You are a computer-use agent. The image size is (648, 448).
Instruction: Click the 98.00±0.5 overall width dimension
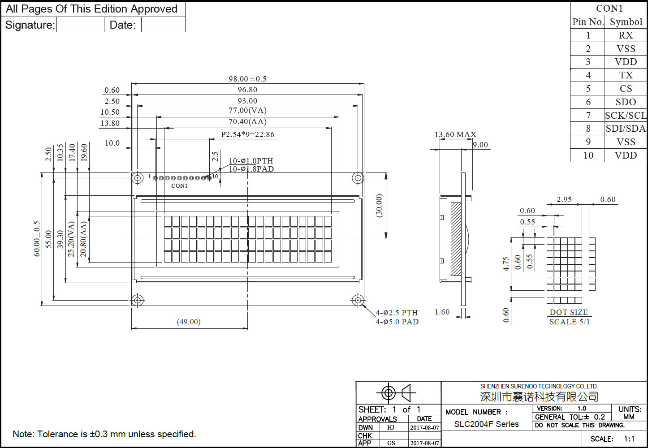click(247, 79)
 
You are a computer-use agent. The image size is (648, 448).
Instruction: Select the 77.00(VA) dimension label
click(247, 110)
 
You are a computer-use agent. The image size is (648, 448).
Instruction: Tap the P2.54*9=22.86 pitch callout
click(247, 134)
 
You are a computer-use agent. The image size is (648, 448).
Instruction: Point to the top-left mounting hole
click(137, 178)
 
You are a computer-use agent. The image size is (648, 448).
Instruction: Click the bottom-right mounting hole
click(358, 300)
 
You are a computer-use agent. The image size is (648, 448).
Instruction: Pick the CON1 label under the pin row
click(179, 185)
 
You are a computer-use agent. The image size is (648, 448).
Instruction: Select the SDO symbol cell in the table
click(626, 102)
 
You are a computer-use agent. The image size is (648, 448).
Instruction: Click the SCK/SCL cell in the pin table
click(626, 116)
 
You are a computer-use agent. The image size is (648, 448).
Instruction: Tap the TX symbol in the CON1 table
click(626, 75)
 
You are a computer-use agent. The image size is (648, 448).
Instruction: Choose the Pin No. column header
click(588, 22)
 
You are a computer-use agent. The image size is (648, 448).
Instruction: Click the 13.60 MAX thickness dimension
click(455, 134)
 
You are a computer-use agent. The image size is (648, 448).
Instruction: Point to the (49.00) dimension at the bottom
click(189, 322)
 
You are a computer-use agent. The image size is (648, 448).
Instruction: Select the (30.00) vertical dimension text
click(379, 206)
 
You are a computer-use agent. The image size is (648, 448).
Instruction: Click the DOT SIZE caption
click(569, 312)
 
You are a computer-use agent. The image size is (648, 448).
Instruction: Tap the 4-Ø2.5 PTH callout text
click(397, 313)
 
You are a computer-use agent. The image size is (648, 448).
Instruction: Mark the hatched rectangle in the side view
click(456, 239)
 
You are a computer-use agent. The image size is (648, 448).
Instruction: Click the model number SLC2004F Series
click(486, 424)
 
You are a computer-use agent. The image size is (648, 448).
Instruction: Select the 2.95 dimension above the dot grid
click(564, 199)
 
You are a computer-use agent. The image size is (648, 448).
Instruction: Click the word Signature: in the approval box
click(30, 25)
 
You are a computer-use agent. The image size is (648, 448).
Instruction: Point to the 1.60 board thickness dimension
click(442, 312)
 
